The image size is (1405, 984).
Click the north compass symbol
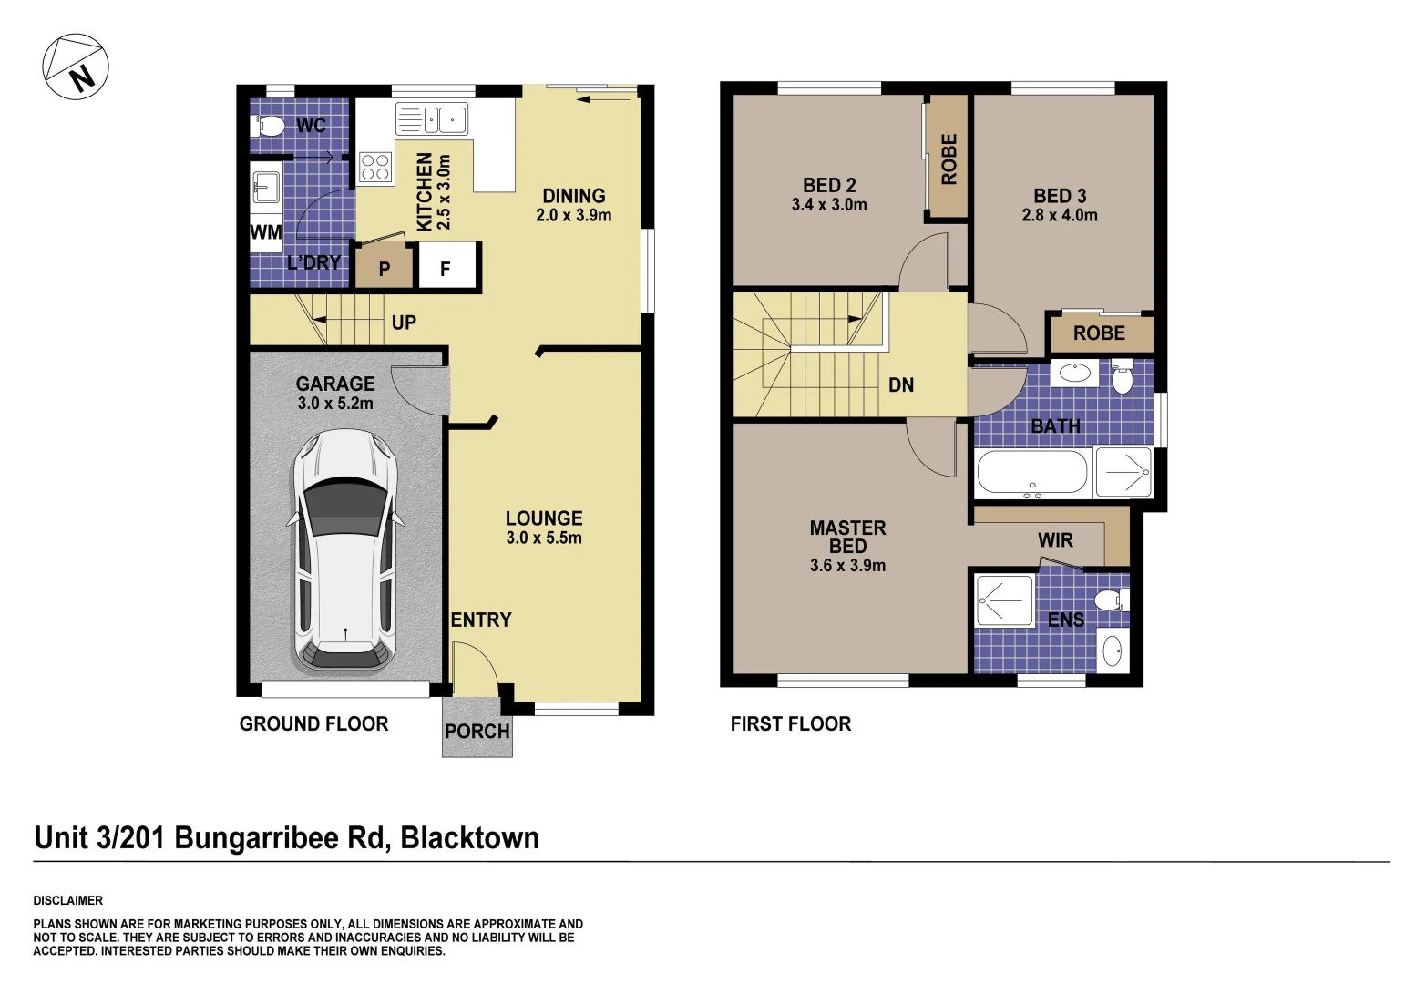click(76, 67)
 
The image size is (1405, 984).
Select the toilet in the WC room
click(268, 125)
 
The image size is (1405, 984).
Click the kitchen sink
click(432, 119)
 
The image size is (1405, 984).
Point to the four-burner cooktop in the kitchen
click(375, 167)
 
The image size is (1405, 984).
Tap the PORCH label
click(477, 732)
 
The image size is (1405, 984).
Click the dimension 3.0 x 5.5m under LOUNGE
click(544, 538)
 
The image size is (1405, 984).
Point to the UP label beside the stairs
click(404, 323)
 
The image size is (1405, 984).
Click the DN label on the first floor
click(900, 385)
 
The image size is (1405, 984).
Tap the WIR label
click(1055, 540)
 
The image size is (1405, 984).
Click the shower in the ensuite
click(1004, 600)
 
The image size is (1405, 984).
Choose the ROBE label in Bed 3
click(1099, 333)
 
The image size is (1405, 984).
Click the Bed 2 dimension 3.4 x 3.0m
click(829, 205)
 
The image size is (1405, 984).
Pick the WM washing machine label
click(266, 232)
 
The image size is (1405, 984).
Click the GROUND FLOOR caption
click(313, 724)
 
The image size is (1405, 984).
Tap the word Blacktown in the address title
click(469, 838)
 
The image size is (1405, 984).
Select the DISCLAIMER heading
click(68, 900)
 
